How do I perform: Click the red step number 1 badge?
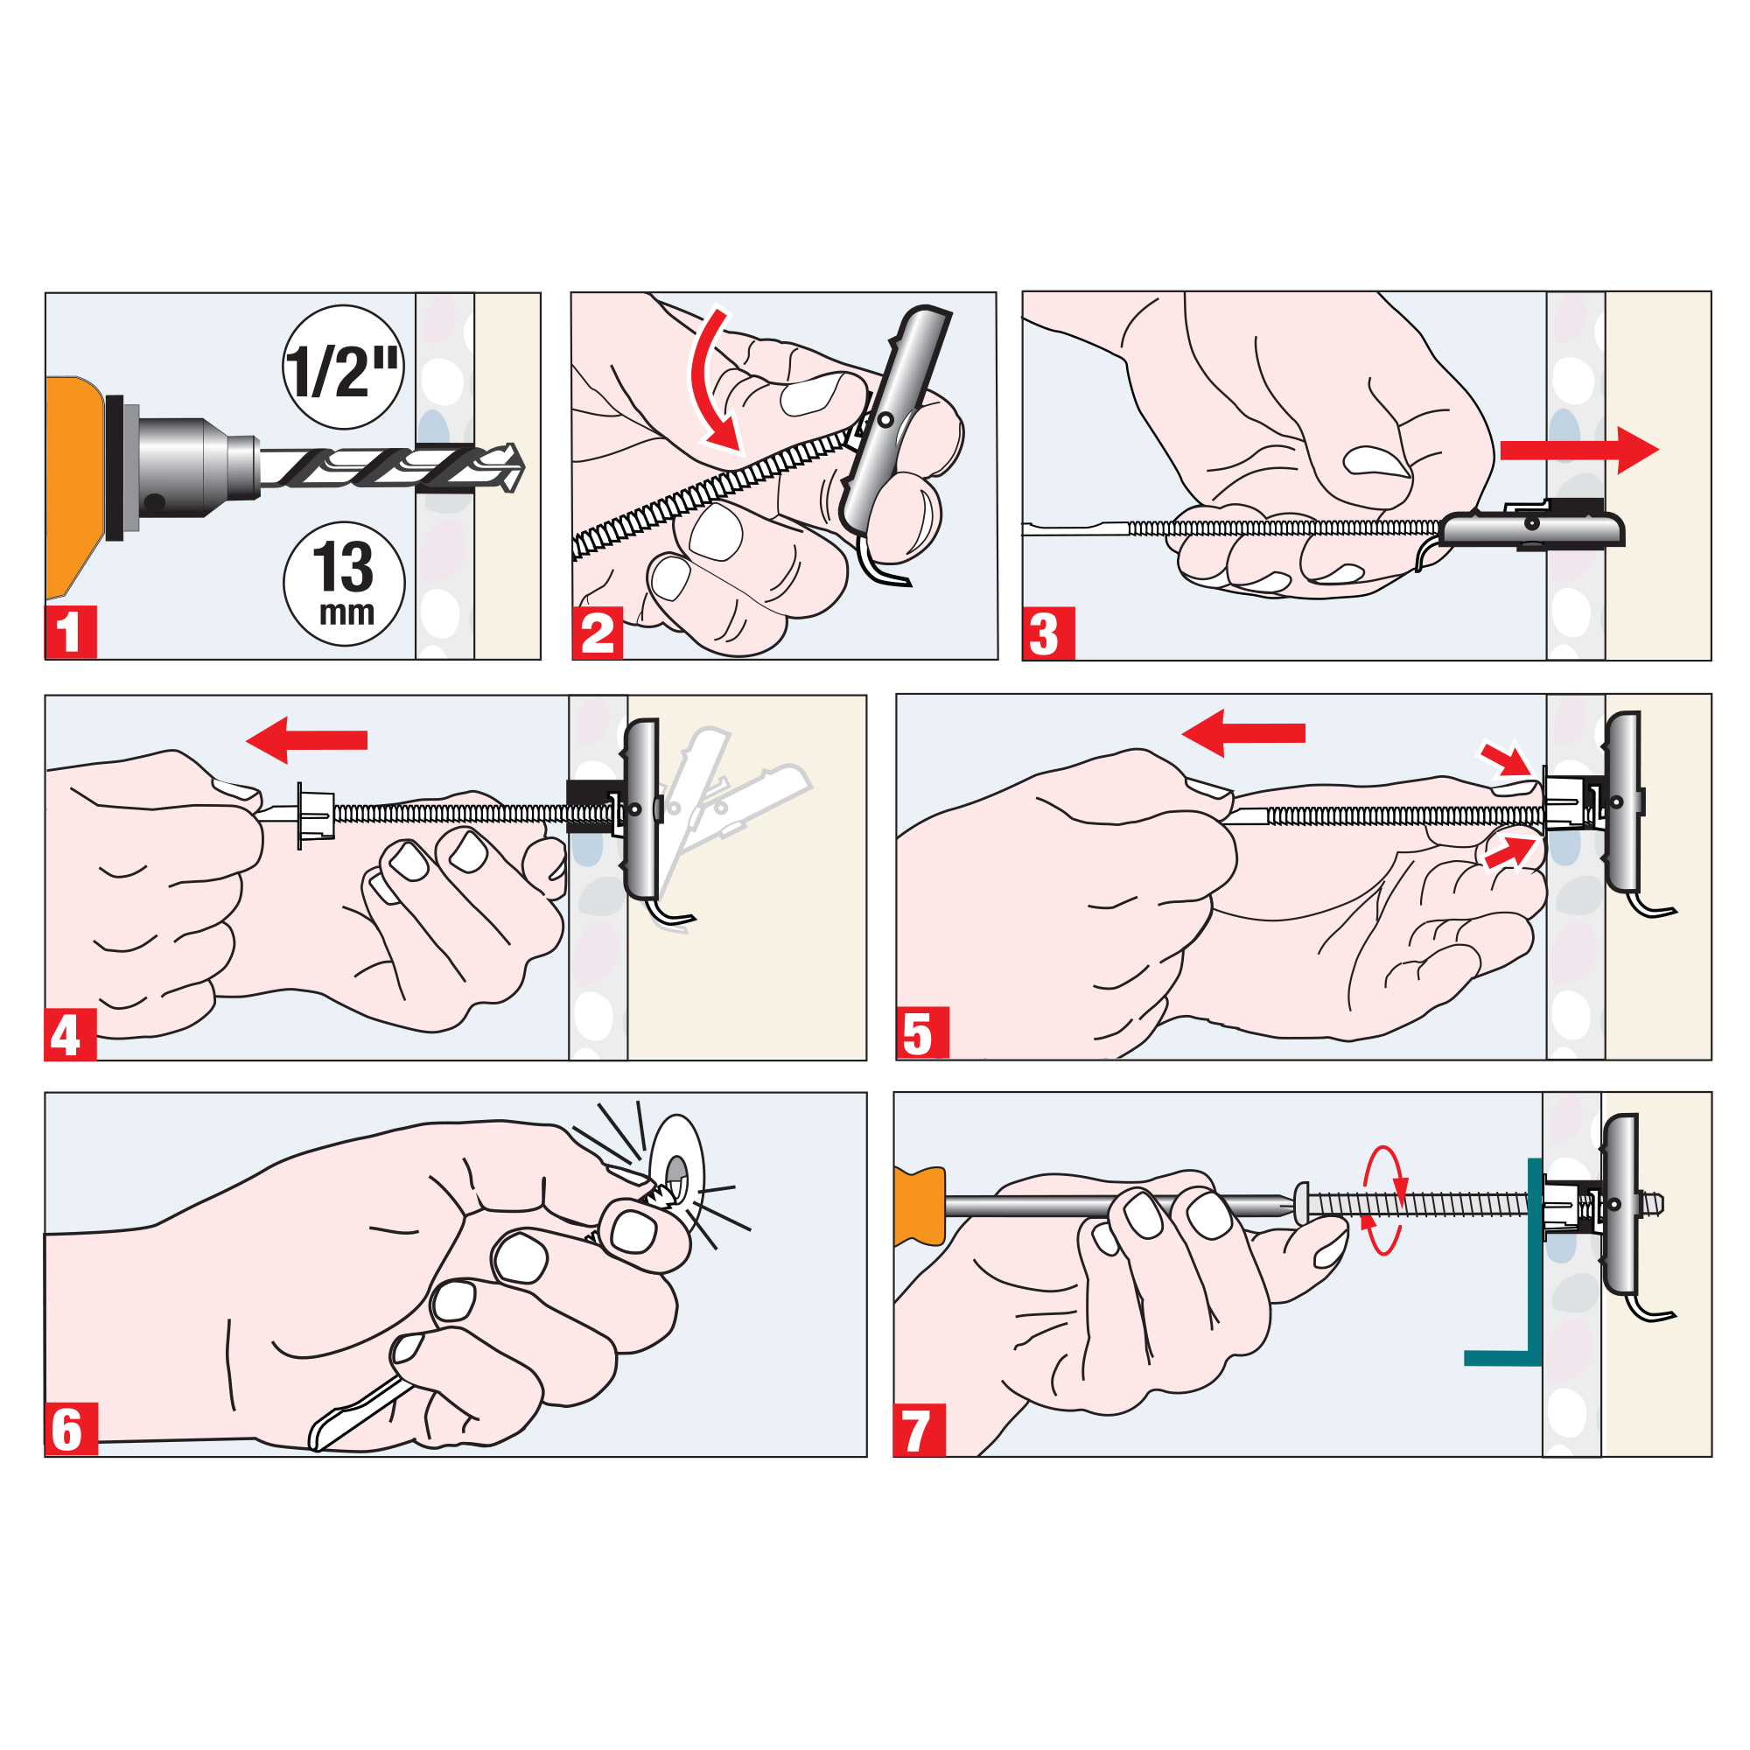tap(71, 633)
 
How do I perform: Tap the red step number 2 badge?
tap(598, 633)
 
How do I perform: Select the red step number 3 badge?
tap(1049, 633)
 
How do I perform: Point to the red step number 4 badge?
tap(71, 1033)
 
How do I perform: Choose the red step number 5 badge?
tap(923, 1032)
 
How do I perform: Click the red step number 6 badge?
tap(72, 1430)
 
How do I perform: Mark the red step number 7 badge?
tap(920, 1430)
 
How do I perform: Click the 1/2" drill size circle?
tap(343, 367)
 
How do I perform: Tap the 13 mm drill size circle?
tap(344, 584)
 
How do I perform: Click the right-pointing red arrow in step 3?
tap(1578, 450)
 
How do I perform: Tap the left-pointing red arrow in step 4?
tap(306, 740)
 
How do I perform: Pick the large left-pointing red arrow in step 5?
tap(1242, 732)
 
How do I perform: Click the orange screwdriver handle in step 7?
tap(920, 1207)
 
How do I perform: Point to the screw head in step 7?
tap(1302, 1204)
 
